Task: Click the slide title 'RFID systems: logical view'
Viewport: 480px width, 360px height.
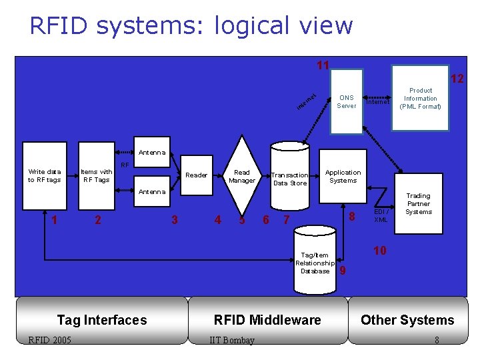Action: coord(191,25)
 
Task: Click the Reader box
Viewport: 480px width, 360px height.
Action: coord(196,175)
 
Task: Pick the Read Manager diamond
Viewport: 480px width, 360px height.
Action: coord(242,176)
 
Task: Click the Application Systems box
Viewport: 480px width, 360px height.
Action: coord(343,177)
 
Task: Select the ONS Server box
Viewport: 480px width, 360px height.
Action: coord(346,101)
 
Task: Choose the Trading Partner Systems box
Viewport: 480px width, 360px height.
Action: coord(418,204)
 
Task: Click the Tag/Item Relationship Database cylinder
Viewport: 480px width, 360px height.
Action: coord(315,260)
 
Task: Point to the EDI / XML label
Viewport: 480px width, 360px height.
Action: coord(381,215)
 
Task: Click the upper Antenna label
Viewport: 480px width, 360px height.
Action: coord(152,153)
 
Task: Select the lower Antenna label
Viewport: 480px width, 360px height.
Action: coord(152,192)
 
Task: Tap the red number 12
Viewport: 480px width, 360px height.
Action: coord(457,79)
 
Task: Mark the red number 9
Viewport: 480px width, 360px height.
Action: coord(343,270)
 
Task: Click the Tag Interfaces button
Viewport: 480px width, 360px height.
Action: coord(101,320)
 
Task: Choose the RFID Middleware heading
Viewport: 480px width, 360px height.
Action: coord(267,320)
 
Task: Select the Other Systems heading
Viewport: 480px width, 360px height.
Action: coord(407,320)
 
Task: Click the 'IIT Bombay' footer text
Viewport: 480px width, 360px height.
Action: coord(231,341)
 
